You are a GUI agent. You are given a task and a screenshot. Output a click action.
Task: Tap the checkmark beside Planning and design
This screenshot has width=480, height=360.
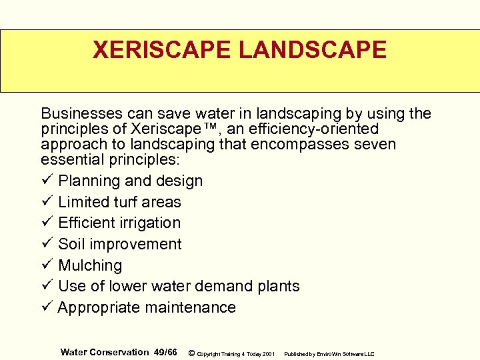click(46, 181)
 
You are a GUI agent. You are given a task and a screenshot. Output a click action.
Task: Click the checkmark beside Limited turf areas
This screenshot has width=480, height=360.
click(46, 202)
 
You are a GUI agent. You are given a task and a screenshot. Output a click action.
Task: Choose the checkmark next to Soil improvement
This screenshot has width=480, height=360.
click(46, 244)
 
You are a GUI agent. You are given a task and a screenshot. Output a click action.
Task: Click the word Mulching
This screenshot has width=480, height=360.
click(90, 265)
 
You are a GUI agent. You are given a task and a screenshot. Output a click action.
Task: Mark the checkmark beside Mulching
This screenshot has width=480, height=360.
click(46, 265)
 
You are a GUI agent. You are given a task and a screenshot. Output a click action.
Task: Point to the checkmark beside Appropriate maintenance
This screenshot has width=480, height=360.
click(46, 307)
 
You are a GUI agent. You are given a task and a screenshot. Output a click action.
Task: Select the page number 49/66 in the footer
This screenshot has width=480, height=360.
click(165, 352)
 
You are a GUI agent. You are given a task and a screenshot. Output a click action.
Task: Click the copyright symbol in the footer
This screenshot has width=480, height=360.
click(191, 353)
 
